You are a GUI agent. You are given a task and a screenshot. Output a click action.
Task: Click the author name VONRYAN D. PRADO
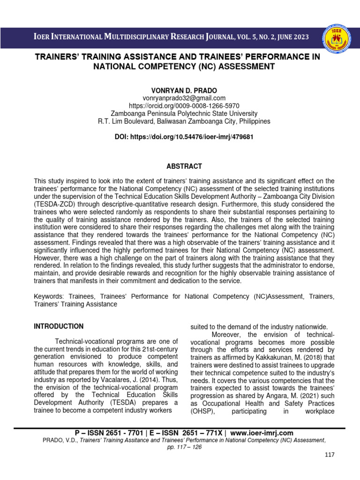pos(184,89)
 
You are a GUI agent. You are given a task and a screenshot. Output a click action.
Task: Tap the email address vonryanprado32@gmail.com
pos(184,98)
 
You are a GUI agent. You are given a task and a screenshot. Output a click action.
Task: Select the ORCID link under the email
pos(184,105)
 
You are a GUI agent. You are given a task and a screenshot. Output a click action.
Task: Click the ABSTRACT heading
pos(184,166)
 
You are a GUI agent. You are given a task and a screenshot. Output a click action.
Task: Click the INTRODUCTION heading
pos(59,326)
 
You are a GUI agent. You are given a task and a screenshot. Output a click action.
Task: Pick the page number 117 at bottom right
pos(330,455)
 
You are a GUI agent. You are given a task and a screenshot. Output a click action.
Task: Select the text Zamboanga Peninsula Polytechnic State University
pos(184,113)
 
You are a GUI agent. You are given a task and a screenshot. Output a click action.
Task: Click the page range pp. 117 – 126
pos(184,447)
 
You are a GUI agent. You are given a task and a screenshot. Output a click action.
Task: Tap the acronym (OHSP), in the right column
pos(203,412)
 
